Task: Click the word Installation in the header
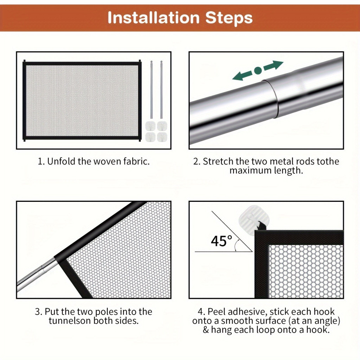pos(153,18)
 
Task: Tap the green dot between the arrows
pos(258,70)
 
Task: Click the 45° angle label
pos(221,241)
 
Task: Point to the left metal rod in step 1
pos(151,90)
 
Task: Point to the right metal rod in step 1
pos(161,90)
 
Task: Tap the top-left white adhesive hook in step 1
pos(150,126)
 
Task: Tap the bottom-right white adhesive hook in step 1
pos(162,137)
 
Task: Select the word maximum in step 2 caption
pos(247,171)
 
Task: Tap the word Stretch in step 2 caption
pos(218,161)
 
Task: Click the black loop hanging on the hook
pos(261,226)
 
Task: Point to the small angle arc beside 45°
pos(236,245)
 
